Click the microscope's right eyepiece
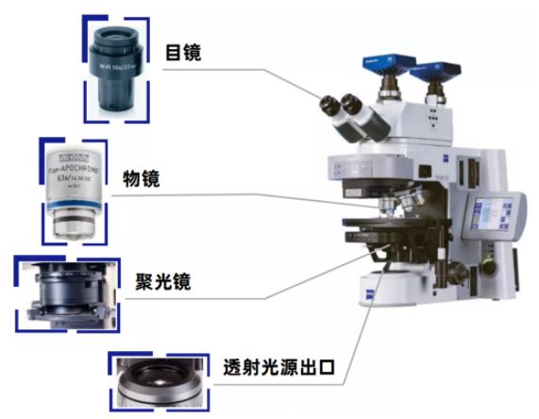tap(351, 102)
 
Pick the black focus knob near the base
tap(451, 275)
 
